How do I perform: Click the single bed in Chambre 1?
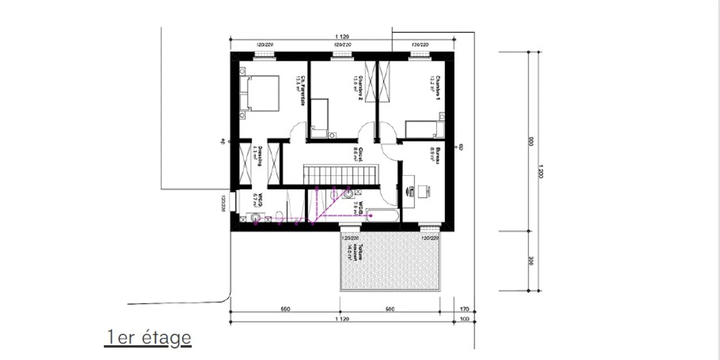(x=424, y=129)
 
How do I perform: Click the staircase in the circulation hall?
(x=340, y=175)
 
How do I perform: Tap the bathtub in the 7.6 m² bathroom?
(x=383, y=217)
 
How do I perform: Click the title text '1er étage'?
(x=148, y=337)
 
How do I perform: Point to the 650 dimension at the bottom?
(x=285, y=309)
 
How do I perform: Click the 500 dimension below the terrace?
(x=389, y=309)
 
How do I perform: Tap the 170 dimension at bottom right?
(x=464, y=309)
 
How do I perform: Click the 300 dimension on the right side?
(x=530, y=260)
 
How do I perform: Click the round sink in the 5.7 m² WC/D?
(x=256, y=217)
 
